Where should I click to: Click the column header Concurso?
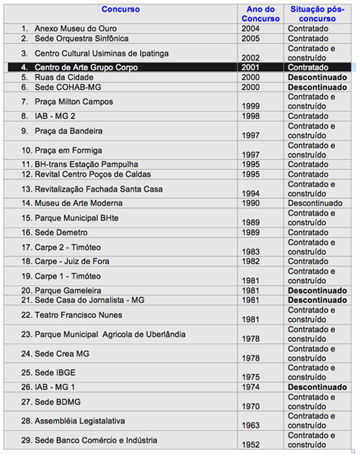coord(120,9)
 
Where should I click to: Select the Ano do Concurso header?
coord(260,14)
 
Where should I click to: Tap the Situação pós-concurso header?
coord(317,14)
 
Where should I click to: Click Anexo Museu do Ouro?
coord(76,29)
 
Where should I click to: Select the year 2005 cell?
coord(251,39)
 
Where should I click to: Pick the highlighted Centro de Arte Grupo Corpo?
coord(86,68)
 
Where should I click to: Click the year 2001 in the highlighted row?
coord(251,68)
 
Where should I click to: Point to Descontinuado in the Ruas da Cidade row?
coord(317,77)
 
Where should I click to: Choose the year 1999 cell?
coord(251,106)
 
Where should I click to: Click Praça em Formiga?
coord(68,150)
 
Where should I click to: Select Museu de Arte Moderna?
coord(78,203)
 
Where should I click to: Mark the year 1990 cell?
coord(251,203)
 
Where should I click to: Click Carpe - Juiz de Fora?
coord(72,261)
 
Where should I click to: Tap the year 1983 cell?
coord(251,252)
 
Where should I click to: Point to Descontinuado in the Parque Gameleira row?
coord(317,291)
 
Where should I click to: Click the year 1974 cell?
coord(251,387)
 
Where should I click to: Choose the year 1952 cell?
coord(251,445)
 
